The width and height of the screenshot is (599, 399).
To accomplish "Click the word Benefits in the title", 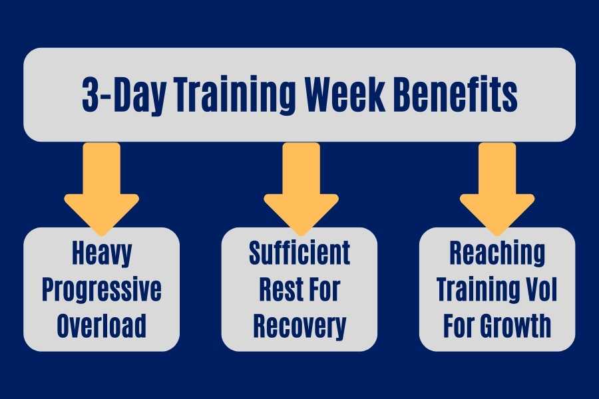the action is (x=455, y=94).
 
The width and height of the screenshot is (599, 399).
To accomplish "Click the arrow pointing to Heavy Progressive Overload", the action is (x=102, y=189).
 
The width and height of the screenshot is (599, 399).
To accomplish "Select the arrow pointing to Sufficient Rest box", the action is (x=301, y=189).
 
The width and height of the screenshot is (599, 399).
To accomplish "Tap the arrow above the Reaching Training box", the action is (x=497, y=189).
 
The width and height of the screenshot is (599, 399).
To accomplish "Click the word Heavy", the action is (x=102, y=254).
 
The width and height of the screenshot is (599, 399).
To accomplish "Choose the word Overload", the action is (x=102, y=325).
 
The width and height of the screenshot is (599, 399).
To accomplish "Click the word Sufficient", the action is (x=299, y=253).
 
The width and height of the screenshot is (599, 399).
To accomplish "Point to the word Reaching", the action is (x=497, y=254).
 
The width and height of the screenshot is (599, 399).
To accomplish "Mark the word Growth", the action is (x=515, y=325).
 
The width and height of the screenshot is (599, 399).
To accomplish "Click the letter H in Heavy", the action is (x=78, y=253).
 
